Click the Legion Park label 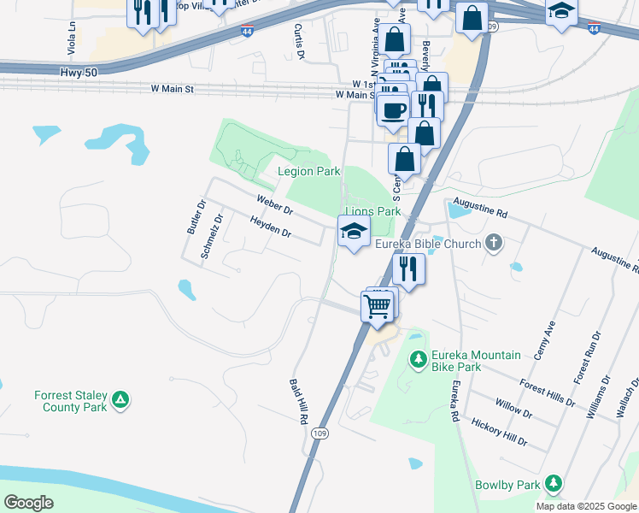pyautogui.click(x=309, y=172)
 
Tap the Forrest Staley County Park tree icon pyautogui.click(x=121, y=398)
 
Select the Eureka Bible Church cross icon pyautogui.click(x=493, y=244)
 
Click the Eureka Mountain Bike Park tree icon pyautogui.click(x=418, y=361)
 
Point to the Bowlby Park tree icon pyautogui.click(x=554, y=485)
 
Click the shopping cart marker pyautogui.click(x=378, y=305)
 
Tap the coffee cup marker pyautogui.click(x=393, y=110)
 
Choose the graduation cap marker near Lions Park pyautogui.click(x=354, y=231)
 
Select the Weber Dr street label pyautogui.click(x=275, y=204)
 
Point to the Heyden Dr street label pyautogui.click(x=270, y=226)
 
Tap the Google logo pyautogui.click(x=28, y=502)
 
